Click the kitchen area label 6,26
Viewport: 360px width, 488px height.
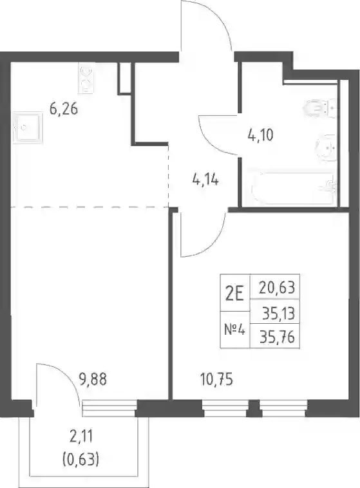coord(64,109)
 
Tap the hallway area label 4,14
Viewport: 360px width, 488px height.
coord(205,180)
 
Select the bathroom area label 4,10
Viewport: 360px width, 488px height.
coord(260,135)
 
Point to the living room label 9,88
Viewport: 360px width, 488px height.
coord(93,379)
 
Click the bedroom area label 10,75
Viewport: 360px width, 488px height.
coord(217,380)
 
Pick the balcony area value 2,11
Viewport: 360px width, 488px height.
coord(81,437)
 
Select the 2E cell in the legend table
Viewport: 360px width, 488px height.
coord(235,292)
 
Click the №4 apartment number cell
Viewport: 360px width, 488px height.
coord(235,330)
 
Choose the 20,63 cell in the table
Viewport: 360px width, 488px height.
coord(275,286)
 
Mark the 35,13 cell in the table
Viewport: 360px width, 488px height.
coord(275,312)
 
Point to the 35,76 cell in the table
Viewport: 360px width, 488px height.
coord(275,336)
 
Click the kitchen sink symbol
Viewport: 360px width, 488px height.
coord(28,127)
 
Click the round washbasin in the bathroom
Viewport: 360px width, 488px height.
coord(326,148)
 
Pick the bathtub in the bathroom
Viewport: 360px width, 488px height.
coord(294,188)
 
